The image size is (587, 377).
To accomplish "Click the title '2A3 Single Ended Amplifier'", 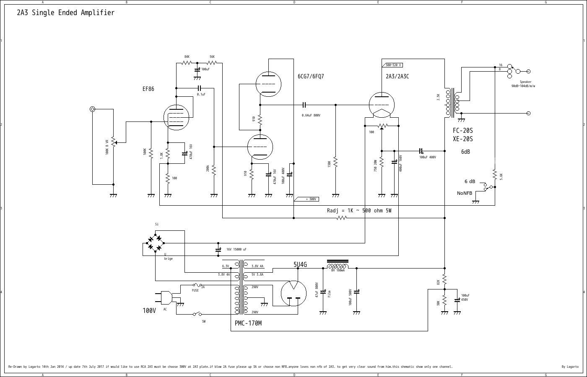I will [65, 13].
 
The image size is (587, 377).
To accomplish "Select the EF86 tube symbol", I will [176, 116].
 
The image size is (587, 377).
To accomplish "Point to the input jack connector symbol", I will [93, 109].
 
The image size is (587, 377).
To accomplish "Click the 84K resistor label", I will [187, 57].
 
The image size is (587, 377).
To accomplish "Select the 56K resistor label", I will [212, 57].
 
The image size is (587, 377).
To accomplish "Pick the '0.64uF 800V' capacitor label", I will [311, 115].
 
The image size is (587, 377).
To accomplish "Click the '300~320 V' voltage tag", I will [393, 65].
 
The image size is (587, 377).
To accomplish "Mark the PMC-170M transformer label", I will [248, 323].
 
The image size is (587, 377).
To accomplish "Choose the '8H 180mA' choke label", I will [338, 271].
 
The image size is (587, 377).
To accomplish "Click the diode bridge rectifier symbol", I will [155, 243].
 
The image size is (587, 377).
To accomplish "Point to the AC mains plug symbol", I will [166, 297].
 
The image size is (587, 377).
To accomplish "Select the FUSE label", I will [195, 290].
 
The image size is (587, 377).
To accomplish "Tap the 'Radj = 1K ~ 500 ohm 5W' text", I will [359, 210].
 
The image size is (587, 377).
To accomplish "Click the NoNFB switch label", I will [465, 193].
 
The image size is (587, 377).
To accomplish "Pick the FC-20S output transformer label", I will [462, 131].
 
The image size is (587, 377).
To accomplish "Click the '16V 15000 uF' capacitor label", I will [236, 249].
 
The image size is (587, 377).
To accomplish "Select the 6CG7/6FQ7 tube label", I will [311, 76].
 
